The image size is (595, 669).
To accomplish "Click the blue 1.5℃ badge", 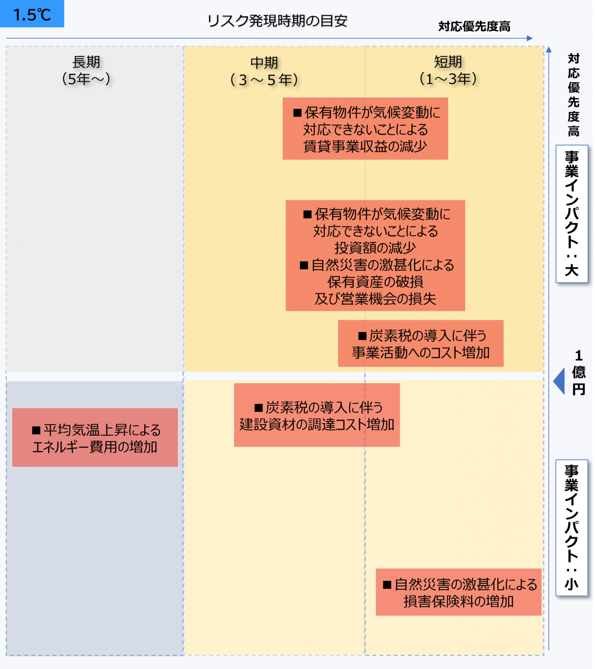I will coord(32,14).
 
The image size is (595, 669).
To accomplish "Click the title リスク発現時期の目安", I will coord(277,21).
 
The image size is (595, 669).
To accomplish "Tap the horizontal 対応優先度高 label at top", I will coord(474,26).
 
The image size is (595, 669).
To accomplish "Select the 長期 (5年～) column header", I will coord(86,70).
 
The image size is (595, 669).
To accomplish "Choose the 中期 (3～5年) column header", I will coord(264,71).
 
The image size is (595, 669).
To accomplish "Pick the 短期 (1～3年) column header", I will coord(448,70).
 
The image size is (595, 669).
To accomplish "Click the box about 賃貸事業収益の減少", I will coord(365,129).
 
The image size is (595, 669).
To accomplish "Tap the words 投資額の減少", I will coord(375,248).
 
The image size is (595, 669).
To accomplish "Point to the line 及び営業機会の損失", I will coord(375,299).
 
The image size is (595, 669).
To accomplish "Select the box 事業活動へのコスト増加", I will coord(420,344).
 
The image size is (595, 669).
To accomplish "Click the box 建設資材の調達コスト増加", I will coord(317,415).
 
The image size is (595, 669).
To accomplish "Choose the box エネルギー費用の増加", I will coord(95,438).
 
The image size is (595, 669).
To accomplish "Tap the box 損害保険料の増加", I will coord(459,592).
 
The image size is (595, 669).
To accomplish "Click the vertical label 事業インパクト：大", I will coord(572,214).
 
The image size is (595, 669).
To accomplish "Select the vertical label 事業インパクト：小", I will coord(572,528).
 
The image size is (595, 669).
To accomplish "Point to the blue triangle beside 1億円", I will coord(560,381).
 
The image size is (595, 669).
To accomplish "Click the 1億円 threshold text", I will coord(579,372).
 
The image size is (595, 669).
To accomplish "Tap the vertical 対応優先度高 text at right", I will coord(574,95).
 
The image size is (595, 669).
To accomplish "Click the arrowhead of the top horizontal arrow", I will coord(530,38).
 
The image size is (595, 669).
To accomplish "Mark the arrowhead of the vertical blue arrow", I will coord(548,49).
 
